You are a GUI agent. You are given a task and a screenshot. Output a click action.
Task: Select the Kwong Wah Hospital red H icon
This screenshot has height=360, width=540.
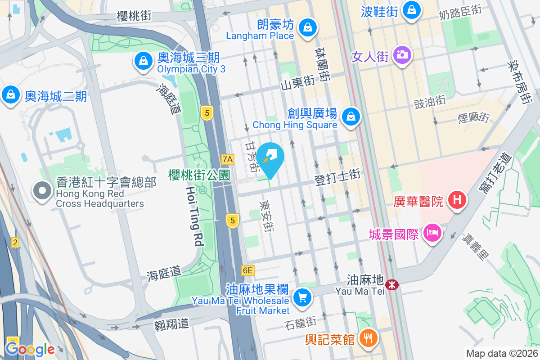(x=456, y=199)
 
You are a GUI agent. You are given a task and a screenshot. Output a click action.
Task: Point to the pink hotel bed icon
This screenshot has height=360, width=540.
(x=432, y=233)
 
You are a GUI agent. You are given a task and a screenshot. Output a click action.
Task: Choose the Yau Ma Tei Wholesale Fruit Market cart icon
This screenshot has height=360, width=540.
(x=301, y=297)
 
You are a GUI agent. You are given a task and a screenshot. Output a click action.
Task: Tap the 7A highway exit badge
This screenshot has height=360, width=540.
(x=228, y=159)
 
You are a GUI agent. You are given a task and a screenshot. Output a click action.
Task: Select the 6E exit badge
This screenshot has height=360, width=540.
(x=247, y=270)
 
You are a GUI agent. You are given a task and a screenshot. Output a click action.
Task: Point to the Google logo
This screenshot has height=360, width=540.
(x=30, y=349)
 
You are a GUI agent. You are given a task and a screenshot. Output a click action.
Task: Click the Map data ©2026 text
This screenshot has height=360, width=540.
(x=501, y=353)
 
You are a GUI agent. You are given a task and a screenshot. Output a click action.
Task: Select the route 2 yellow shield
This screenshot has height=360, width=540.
(x=15, y=243)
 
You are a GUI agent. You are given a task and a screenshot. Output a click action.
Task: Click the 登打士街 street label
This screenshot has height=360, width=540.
(x=337, y=177)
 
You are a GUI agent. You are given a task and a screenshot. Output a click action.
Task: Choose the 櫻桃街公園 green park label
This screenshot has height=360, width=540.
(x=199, y=175)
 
